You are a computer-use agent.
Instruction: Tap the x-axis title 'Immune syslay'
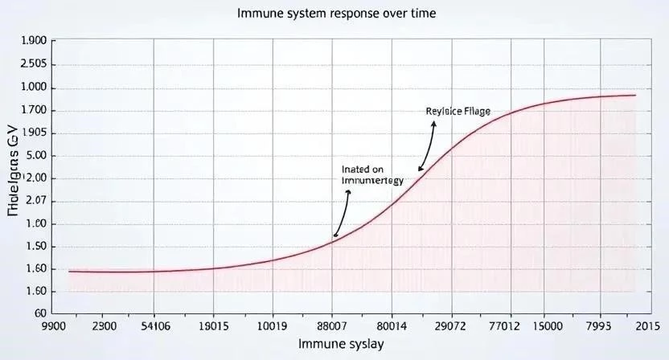(341, 344)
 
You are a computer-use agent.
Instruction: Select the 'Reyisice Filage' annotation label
(458, 111)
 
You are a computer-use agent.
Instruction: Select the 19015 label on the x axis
(213, 327)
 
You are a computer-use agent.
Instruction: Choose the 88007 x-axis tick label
(332, 327)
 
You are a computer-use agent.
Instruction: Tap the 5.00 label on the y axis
(37, 156)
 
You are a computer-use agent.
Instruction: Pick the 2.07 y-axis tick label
(37, 202)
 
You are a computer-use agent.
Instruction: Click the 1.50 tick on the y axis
(37, 247)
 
